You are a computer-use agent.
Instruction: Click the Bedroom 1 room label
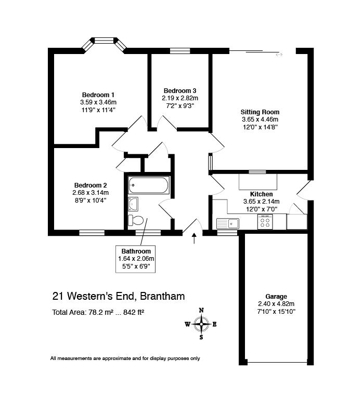coord(98,95)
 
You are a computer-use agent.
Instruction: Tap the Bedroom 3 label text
coord(180,90)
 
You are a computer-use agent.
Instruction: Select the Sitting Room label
coord(260,112)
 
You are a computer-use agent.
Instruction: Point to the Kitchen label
coord(261,194)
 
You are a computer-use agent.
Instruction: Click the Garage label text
coord(276,297)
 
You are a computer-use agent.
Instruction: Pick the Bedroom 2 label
coord(90,185)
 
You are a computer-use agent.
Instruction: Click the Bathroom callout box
coord(136,259)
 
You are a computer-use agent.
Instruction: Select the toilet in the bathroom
coord(136,220)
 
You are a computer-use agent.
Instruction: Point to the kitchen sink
coord(228,223)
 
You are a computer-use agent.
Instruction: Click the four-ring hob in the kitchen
coord(265,222)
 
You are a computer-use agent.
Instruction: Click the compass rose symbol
coord(201,324)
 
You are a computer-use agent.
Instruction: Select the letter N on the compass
coord(201,310)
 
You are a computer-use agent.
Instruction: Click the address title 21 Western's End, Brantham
coord(118,297)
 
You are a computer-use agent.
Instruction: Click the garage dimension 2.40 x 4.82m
coord(276,304)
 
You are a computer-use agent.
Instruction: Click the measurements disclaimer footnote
coord(125,358)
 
